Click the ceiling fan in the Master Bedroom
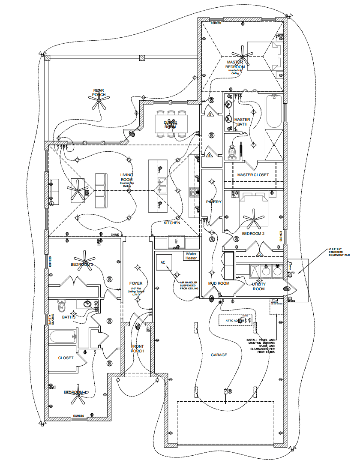[246, 54]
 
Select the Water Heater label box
[191, 256]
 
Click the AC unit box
[163, 262]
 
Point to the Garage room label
[219, 355]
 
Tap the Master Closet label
[253, 175]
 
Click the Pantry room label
[213, 202]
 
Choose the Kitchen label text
[172, 223]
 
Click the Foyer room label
[136, 283]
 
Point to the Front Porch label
[138, 349]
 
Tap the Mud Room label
[219, 283]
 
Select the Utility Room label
[258, 286]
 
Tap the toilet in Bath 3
[61, 306]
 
